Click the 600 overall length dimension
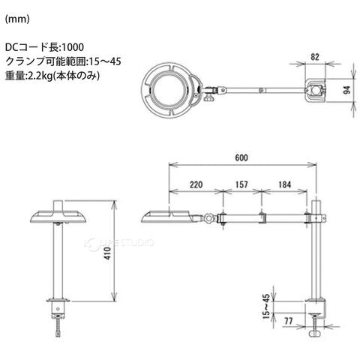pyautogui.click(x=241, y=157)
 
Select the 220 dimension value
pyautogui.click(x=196, y=184)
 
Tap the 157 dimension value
pyautogui.click(x=241, y=184)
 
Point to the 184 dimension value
pyautogui.click(x=284, y=184)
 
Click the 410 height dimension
pyautogui.click(x=107, y=253)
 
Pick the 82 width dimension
pyautogui.click(x=315, y=57)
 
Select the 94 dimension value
pyautogui.click(x=346, y=90)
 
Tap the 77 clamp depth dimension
pyautogui.click(x=289, y=321)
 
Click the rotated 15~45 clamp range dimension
pyautogui.click(x=266, y=306)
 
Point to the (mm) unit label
pyautogui.click(x=17, y=19)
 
